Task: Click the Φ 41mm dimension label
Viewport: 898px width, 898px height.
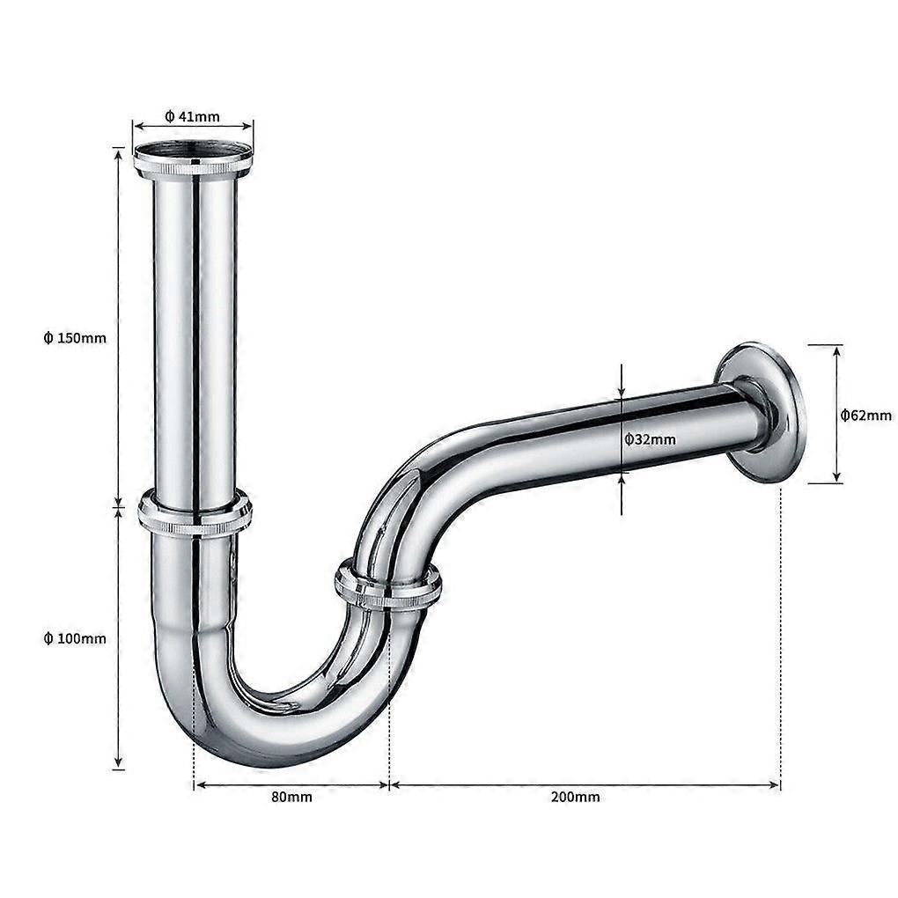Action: click(x=192, y=115)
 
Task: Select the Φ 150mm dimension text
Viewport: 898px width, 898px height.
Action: click(x=75, y=338)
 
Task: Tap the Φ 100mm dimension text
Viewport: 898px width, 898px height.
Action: click(x=75, y=638)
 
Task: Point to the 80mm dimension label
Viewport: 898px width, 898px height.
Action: click(x=291, y=797)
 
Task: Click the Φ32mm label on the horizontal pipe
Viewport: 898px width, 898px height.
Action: click(x=650, y=438)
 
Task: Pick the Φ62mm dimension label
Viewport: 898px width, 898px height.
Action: click(x=865, y=415)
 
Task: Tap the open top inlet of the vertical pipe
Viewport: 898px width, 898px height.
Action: click(x=193, y=150)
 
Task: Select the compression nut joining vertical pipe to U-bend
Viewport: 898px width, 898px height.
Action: click(x=195, y=516)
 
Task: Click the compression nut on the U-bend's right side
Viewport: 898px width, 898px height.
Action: click(x=387, y=586)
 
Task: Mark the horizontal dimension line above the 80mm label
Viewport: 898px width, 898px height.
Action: click(x=291, y=784)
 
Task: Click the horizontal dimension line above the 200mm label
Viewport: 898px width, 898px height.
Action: click(x=585, y=784)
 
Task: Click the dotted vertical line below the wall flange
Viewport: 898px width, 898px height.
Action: click(x=780, y=634)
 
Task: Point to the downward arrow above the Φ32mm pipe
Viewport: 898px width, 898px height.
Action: click(x=622, y=383)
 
